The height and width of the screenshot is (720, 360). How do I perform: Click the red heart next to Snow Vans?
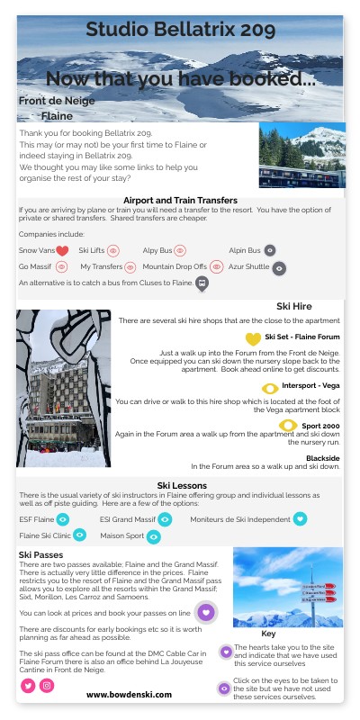(x=62, y=251)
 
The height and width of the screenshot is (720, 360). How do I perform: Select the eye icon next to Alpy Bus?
(x=180, y=250)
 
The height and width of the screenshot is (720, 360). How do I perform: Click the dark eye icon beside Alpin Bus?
(x=270, y=250)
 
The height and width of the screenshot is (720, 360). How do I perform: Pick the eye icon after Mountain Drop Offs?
(x=217, y=267)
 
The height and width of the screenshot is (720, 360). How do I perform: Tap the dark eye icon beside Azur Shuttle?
(x=279, y=268)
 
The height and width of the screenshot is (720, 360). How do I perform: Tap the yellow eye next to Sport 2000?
(x=289, y=425)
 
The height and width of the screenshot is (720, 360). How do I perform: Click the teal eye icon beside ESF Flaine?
(x=63, y=519)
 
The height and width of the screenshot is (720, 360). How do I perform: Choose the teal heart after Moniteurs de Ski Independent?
(x=301, y=518)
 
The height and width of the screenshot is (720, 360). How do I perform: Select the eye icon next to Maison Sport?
(x=154, y=537)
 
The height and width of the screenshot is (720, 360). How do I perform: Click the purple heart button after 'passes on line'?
(x=206, y=612)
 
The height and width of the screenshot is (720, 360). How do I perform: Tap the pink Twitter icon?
(x=28, y=686)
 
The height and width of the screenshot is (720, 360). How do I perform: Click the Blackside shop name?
(x=324, y=457)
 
